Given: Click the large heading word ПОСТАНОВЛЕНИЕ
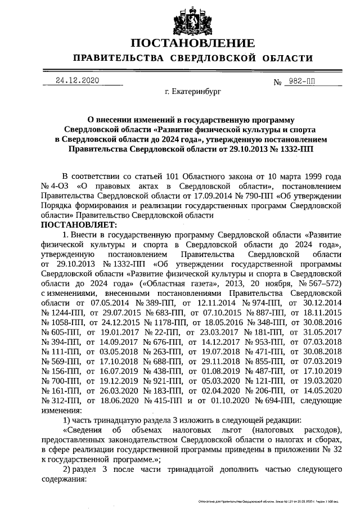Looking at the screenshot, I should point(192,44).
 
